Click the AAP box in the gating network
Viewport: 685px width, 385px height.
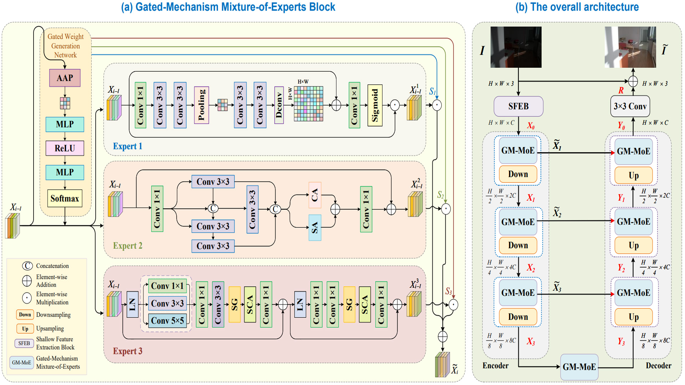coord(65,78)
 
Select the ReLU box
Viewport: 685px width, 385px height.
coord(65,148)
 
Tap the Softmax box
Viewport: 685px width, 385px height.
coord(65,198)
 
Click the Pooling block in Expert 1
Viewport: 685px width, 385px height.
coord(201,105)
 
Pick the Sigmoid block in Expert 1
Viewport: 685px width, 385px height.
coord(375,105)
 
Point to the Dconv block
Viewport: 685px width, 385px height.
coord(279,105)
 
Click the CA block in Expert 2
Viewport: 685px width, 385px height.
coord(315,195)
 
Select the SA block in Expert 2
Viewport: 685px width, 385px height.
coord(315,227)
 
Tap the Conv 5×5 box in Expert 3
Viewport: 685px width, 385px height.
coord(167,320)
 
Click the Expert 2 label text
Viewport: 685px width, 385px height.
coord(127,246)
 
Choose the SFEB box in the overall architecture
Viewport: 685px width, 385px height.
coord(518,106)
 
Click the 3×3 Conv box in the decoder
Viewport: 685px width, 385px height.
coord(630,106)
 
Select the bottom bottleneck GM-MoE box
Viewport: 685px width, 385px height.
coord(579,367)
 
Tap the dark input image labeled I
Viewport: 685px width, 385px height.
coord(516,47)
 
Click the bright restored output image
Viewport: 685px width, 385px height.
coord(630,47)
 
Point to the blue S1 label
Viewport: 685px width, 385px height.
coord(432,92)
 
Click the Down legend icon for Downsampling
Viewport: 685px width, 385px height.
coord(25,314)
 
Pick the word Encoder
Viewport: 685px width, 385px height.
coord(495,365)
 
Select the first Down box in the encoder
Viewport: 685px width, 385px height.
coord(518,174)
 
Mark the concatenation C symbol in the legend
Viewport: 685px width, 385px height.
coord(27,266)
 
